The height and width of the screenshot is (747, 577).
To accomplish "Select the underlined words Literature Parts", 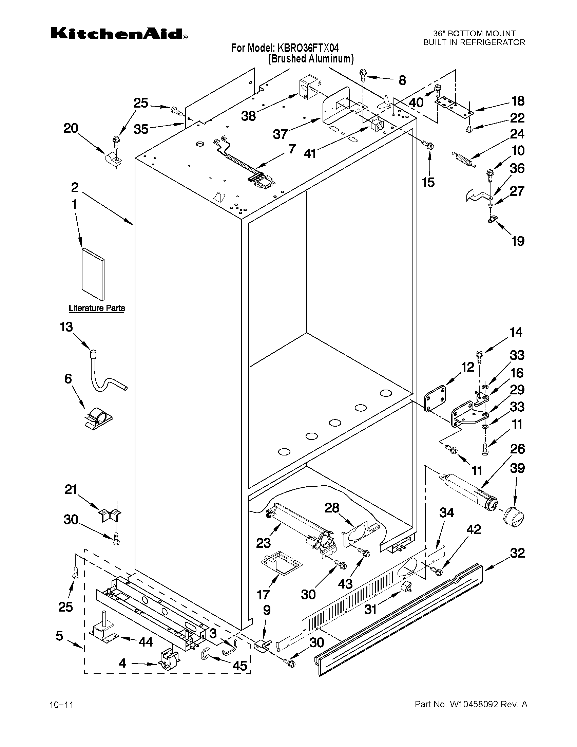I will [x=97, y=308].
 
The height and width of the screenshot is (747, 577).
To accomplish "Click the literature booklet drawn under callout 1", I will [x=93, y=274].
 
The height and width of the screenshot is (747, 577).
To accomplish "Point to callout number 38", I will [x=249, y=116].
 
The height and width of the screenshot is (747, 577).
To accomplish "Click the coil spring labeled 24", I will [x=463, y=160].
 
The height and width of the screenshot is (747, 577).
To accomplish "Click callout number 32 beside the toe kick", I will [x=517, y=553].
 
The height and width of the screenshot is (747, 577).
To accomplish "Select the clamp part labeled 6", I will [x=98, y=417].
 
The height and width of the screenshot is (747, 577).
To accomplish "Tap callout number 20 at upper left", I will [x=71, y=129].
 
